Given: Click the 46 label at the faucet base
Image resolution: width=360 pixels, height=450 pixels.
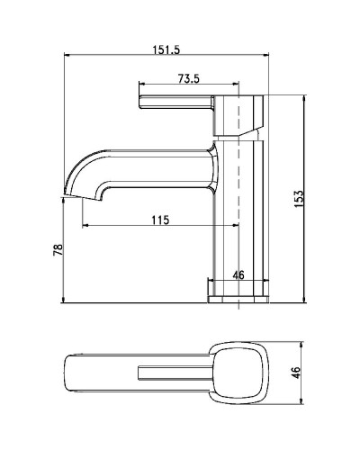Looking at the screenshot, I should (x=238, y=275).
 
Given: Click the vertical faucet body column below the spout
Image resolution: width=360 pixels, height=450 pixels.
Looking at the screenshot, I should (x=240, y=225).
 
